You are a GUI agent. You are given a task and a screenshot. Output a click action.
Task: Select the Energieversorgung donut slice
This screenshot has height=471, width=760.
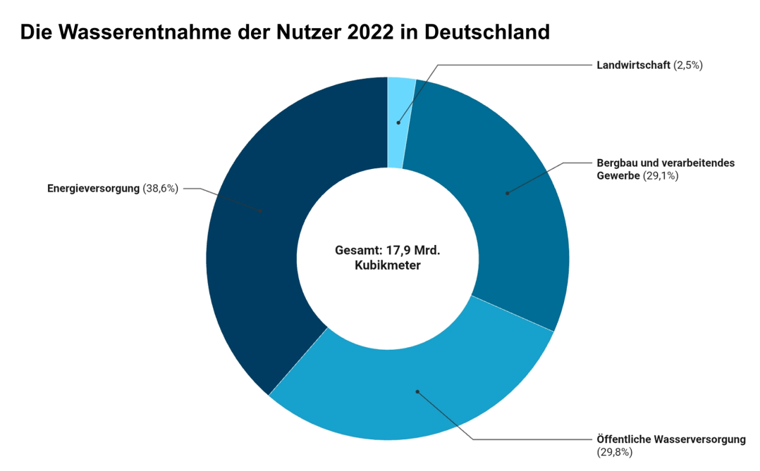pyautogui.click(x=254, y=232)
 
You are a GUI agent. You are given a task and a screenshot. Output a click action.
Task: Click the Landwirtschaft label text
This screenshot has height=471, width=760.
pyautogui.click(x=632, y=65)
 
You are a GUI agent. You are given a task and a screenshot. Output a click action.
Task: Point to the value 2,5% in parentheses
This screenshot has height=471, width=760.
pyautogui.click(x=689, y=65)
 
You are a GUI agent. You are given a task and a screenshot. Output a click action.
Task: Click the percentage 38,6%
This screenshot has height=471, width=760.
pyautogui.click(x=161, y=189)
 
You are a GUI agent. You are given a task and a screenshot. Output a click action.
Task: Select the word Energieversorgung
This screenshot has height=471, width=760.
pyautogui.click(x=94, y=189)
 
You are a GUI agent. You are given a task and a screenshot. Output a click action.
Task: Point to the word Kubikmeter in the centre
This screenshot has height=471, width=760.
pyautogui.click(x=387, y=266)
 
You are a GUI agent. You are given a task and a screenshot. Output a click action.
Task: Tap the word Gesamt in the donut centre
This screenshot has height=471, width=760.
pyautogui.click(x=356, y=251)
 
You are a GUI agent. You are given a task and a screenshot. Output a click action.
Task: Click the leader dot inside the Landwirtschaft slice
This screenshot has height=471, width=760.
pyautogui.click(x=398, y=123)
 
